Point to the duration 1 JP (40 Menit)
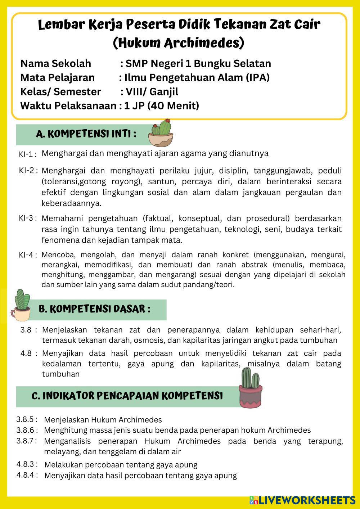(161, 106)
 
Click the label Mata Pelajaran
(58, 77)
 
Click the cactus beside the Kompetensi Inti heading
(161, 133)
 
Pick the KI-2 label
(27, 170)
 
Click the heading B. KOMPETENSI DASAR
(94, 309)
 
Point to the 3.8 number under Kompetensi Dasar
(26, 330)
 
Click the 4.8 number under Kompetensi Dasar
(26, 353)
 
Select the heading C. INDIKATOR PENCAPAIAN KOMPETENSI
(127, 396)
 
